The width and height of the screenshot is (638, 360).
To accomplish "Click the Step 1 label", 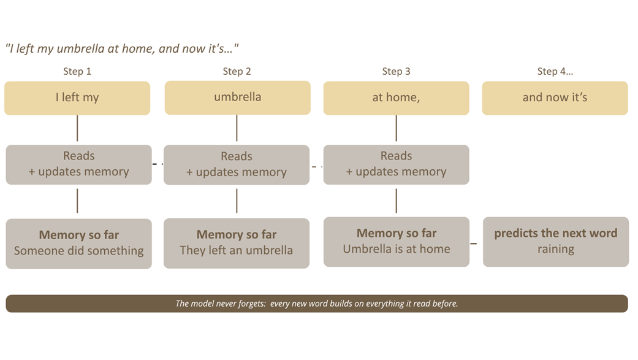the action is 77,71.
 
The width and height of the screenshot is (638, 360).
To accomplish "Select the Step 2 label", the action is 237,71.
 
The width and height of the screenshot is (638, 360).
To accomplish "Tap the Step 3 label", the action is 396,71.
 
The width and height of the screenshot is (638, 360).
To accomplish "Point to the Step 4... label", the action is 555,71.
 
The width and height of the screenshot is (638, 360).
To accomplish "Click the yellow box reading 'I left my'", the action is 77,98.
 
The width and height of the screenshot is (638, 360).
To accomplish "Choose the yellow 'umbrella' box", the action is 238,98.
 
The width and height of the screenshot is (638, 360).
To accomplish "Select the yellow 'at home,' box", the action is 397,98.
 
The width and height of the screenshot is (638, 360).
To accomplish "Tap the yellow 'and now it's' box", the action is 555,98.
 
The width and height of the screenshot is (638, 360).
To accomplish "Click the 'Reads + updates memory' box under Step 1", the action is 78,164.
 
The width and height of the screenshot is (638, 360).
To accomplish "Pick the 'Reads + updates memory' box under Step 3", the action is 397,164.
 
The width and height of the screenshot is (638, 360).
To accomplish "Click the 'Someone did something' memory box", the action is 78,243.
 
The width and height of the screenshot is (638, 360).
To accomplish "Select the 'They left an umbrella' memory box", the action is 237,243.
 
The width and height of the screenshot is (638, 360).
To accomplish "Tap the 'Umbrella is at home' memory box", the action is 397,242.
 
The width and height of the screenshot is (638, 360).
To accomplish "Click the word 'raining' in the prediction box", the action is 556,249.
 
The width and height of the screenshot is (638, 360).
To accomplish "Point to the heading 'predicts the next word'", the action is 556,233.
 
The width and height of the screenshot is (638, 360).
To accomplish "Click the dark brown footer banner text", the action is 317,304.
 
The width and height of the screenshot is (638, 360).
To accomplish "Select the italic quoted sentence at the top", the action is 122,48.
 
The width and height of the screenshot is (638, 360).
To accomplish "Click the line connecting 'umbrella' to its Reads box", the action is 237,128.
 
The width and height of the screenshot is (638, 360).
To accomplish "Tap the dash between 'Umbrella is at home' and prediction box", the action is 474,243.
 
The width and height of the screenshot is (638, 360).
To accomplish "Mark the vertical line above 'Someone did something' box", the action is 77,201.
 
